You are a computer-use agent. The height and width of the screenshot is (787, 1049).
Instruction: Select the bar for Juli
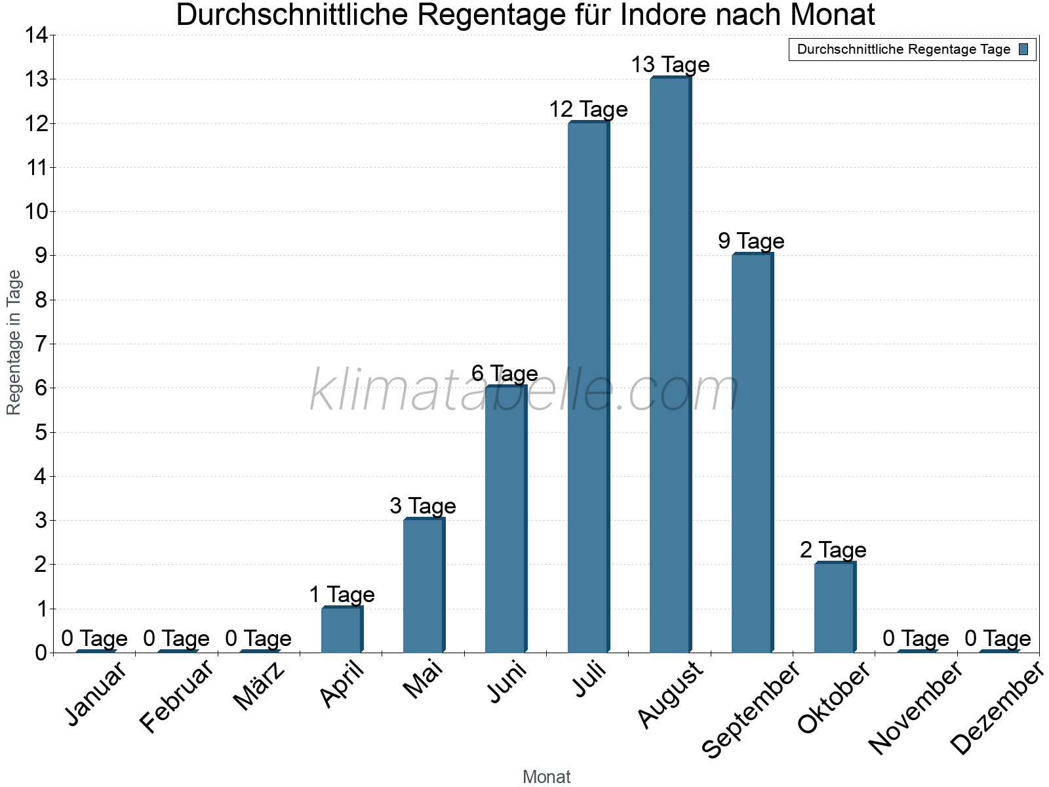point(587,387)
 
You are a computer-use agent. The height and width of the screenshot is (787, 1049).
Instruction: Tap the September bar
point(751,453)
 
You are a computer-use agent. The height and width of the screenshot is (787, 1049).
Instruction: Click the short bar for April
point(341,630)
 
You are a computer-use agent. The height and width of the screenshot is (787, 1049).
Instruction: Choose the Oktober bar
point(834,607)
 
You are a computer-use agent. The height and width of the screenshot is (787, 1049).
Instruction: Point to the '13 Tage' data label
point(670,65)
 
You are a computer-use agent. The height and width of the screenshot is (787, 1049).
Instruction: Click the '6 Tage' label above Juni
point(505,374)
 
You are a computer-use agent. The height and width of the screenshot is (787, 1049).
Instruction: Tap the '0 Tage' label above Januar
point(94,638)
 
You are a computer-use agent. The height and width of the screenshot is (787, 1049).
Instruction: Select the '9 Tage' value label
point(751,241)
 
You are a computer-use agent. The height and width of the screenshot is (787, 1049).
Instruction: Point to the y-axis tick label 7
point(41,344)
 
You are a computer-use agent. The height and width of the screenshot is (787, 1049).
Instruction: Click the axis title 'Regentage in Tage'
point(14,342)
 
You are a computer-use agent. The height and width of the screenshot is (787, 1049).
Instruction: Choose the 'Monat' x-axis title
point(546,777)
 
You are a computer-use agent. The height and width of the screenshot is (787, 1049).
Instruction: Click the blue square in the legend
point(1023,49)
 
